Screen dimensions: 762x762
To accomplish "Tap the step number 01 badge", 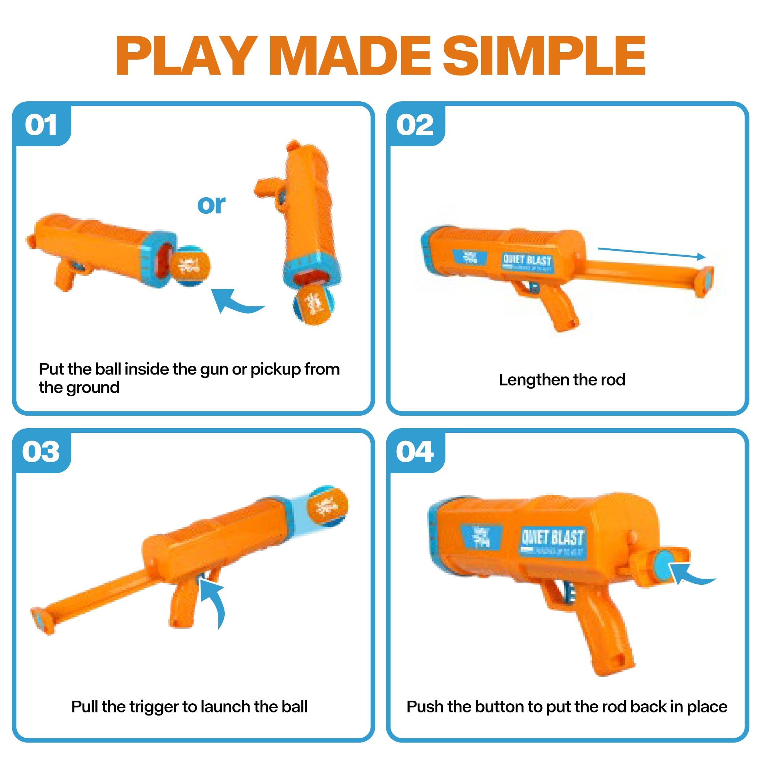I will click(x=41, y=125).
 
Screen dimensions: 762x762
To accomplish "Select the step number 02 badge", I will click(x=415, y=125).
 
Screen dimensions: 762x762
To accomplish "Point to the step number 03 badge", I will click(x=41, y=452).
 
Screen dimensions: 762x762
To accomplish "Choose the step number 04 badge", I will click(x=415, y=452).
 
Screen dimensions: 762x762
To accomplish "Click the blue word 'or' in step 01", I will click(x=211, y=204).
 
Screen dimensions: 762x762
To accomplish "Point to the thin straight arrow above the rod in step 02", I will click(x=651, y=253).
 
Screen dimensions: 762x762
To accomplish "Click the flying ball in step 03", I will click(x=327, y=506).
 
